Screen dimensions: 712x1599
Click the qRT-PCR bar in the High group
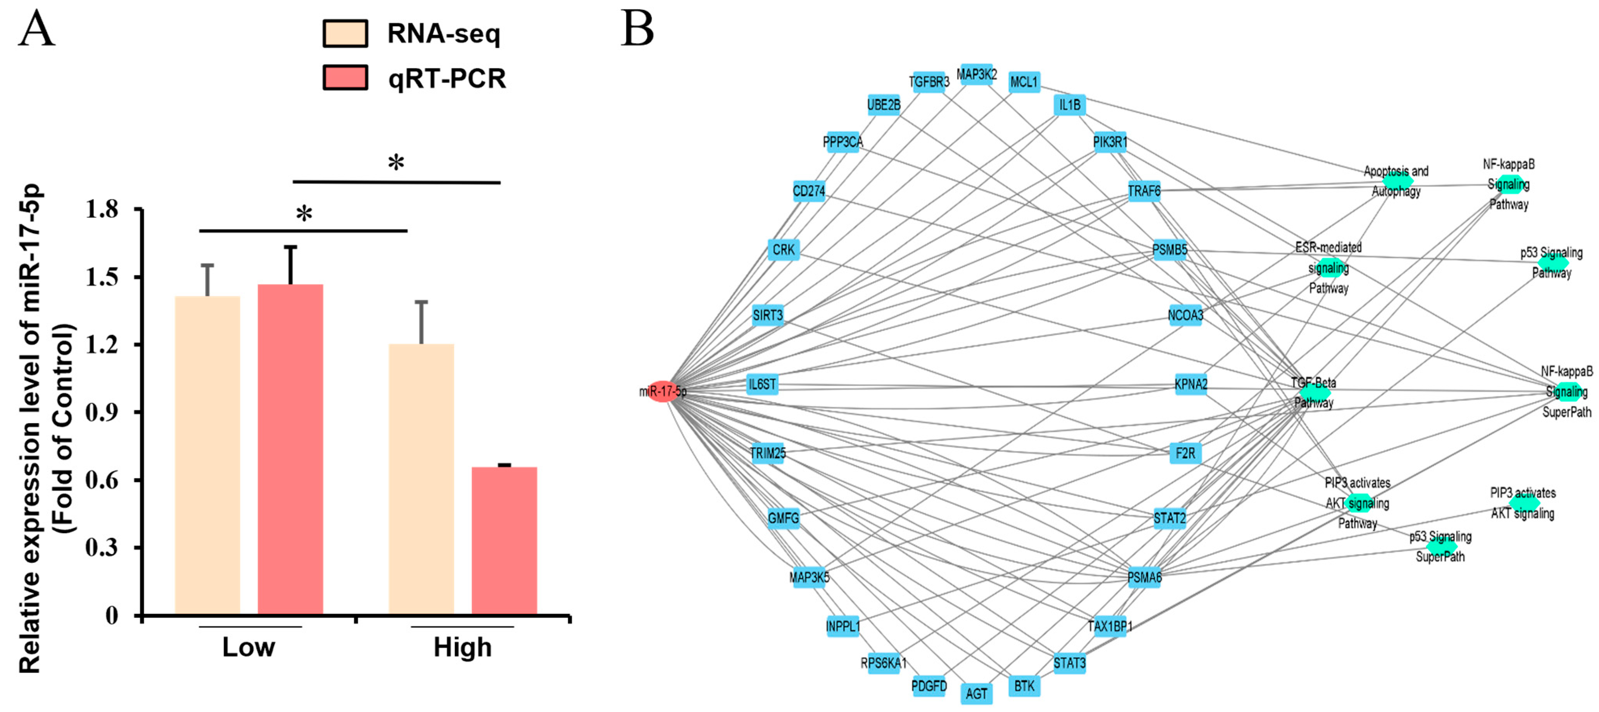tap(504, 540)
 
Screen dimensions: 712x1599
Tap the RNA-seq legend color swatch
tap(345, 33)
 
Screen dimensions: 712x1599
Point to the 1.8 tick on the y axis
tap(102, 210)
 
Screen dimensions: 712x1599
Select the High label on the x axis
tap(462, 647)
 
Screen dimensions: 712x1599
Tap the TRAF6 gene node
tap(1144, 191)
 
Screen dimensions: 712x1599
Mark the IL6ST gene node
tap(762, 384)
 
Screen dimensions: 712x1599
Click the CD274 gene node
tap(809, 191)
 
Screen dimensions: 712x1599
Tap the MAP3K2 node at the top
tap(976, 74)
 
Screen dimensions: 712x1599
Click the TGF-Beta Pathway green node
tap(1314, 392)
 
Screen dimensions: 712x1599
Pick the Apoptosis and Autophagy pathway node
tap(1397, 181)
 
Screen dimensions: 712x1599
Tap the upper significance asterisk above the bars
tap(396, 163)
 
